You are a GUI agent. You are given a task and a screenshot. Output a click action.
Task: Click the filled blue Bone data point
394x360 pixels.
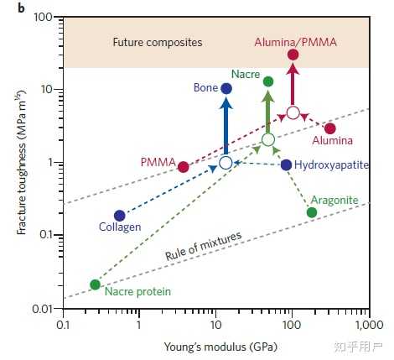click(x=226, y=89)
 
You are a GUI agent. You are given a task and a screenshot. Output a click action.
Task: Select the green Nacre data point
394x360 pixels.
click(x=268, y=81)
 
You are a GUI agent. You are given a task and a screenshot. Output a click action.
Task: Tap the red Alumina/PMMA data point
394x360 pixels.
click(x=293, y=55)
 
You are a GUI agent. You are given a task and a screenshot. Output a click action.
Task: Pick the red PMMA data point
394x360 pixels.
click(x=184, y=167)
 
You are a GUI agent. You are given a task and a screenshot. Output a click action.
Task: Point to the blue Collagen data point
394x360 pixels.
click(x=120, y=216)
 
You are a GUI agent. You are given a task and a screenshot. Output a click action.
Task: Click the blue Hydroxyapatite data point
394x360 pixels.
click(x=286, y=165)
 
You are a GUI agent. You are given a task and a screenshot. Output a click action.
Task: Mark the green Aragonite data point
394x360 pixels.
click(x=312, y=212)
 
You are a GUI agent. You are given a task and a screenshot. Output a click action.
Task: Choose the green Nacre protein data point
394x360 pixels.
click(x=95, y=284)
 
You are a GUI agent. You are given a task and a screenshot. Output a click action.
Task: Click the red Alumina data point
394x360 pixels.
click(x=330, y=128)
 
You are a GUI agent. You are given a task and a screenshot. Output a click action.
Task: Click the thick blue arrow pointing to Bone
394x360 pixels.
click(x=226, y=128)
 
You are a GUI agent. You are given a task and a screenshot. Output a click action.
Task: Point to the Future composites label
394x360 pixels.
click(x=158, y=43)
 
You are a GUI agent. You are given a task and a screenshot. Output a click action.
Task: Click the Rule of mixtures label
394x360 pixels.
click(x=203, y=246)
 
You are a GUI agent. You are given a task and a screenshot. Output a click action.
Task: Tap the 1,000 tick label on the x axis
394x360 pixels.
click(x=370, y=325)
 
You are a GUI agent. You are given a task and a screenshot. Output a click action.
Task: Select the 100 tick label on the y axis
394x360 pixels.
click(x=43, y=18)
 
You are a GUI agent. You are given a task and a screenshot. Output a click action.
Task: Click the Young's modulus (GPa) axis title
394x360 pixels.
click(x=220, y=347)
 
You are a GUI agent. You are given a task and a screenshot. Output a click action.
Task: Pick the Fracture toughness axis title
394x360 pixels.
click(x=22, y=163)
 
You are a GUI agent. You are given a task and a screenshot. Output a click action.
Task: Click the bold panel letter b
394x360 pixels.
click(x=22, y=8)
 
